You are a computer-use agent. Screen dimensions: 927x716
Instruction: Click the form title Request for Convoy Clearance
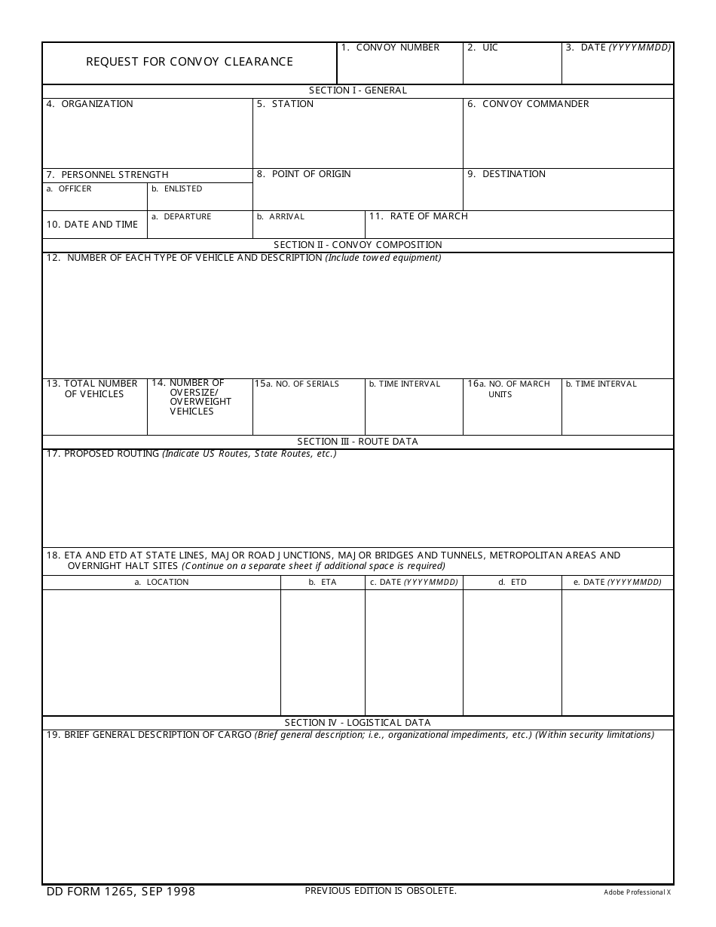(x=189, y=62)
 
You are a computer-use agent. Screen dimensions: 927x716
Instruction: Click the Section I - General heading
(x=357, y=90)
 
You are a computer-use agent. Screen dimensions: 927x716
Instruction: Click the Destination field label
(x=513, y=174)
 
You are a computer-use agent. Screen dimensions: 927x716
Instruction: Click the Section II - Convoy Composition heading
(x=357, y=245)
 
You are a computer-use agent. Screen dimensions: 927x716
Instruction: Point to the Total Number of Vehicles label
(x=93, y=389)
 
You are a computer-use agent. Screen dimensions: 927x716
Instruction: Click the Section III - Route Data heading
(x=357, y=442)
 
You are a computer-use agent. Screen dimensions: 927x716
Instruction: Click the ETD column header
(x=518, y=582)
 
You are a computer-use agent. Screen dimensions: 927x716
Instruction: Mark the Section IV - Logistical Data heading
(x=357, y=723)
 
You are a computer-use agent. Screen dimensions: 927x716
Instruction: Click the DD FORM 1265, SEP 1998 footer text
(x=121, y=892)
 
